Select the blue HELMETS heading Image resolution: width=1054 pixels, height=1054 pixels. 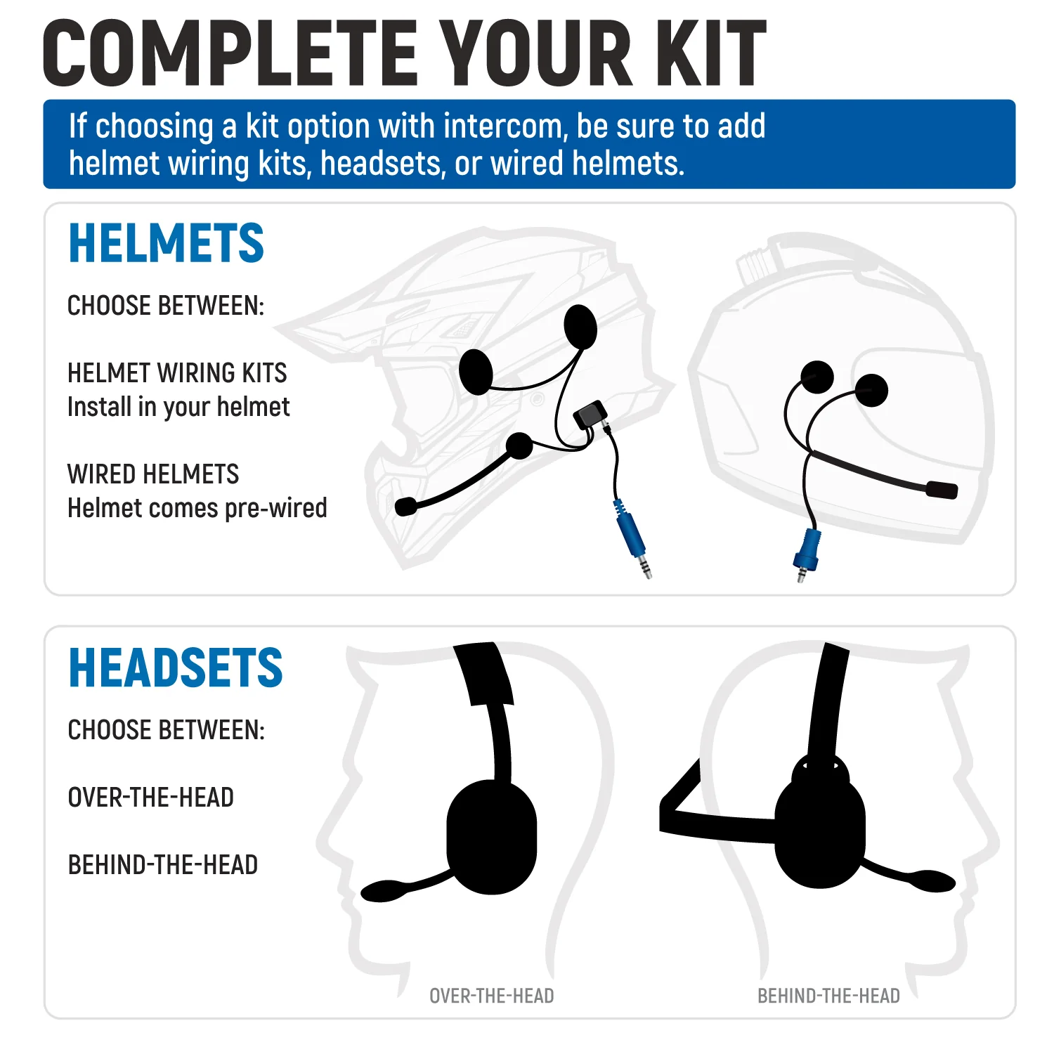pyautogui.click(x=166, y=243)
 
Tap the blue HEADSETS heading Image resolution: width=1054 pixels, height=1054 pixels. pyautogui.click(x=175, y=668)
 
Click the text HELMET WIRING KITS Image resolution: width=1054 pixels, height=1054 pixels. pyautogui.click(x=177, y=373)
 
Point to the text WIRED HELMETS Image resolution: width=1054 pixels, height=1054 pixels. pyautogui.click(x=153, y=474)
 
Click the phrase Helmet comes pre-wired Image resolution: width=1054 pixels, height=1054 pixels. pyautogui.click(x=197, y=508)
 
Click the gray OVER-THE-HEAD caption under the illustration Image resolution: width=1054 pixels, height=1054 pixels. pyautogui.click(x=492, y=996)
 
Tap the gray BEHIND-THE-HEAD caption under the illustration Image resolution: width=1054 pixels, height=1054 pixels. pyautogui.click(x=828, y=996)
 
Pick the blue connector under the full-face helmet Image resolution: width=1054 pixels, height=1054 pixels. pyautogui.click(x=807, y=548)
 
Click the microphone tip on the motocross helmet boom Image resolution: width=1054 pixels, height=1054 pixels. pyautogui.click(x=405, y=506)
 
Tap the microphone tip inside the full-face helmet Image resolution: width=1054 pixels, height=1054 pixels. pyautogui.click(x=942, y=490)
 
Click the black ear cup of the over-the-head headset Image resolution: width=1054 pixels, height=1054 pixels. pyautogui.click(x=492, y=836)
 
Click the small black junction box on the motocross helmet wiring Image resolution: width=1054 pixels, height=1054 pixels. pyautogui.click(x=590, y=415)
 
